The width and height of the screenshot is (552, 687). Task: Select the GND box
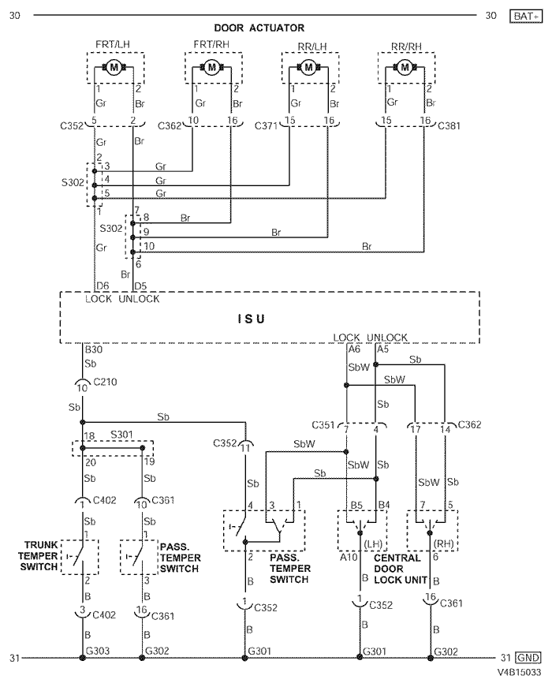click(x=526, y=657)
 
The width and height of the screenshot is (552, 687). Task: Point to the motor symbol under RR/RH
click(x=405, y=68)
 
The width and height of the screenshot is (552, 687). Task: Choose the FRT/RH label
click(x=211, y=46)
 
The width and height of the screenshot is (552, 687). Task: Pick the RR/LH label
click(x=309, y=46)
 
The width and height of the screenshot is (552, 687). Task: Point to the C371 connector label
click(x=267, y=124)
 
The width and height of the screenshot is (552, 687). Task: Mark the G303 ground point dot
click(x=83, y=657)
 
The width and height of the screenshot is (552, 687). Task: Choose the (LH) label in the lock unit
click(x=374, y=543)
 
